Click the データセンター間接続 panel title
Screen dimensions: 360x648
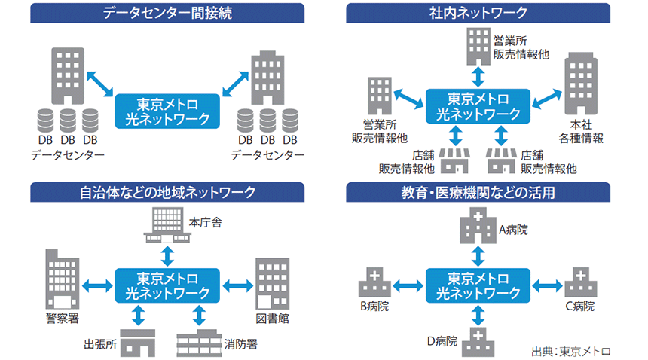167,12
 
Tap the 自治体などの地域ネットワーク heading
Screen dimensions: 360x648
167,192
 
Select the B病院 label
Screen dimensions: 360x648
374,307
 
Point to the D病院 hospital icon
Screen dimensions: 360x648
477,340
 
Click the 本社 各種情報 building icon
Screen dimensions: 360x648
579,87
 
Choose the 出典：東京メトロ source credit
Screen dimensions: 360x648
570,351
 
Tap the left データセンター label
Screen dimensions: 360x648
68,155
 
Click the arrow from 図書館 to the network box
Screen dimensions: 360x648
237,285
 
